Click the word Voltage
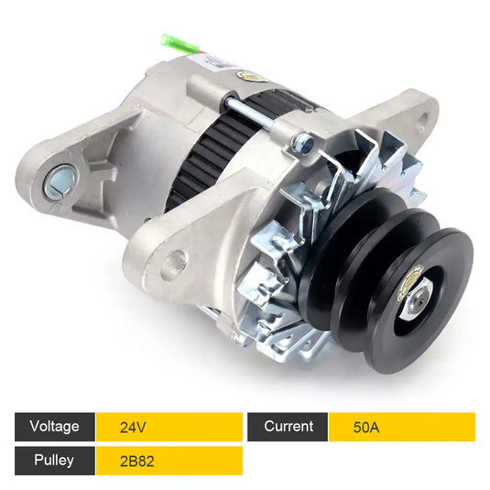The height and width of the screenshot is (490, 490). [54, 426]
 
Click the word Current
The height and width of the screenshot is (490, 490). [288, 426]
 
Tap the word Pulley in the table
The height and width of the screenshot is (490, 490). [51, 460]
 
